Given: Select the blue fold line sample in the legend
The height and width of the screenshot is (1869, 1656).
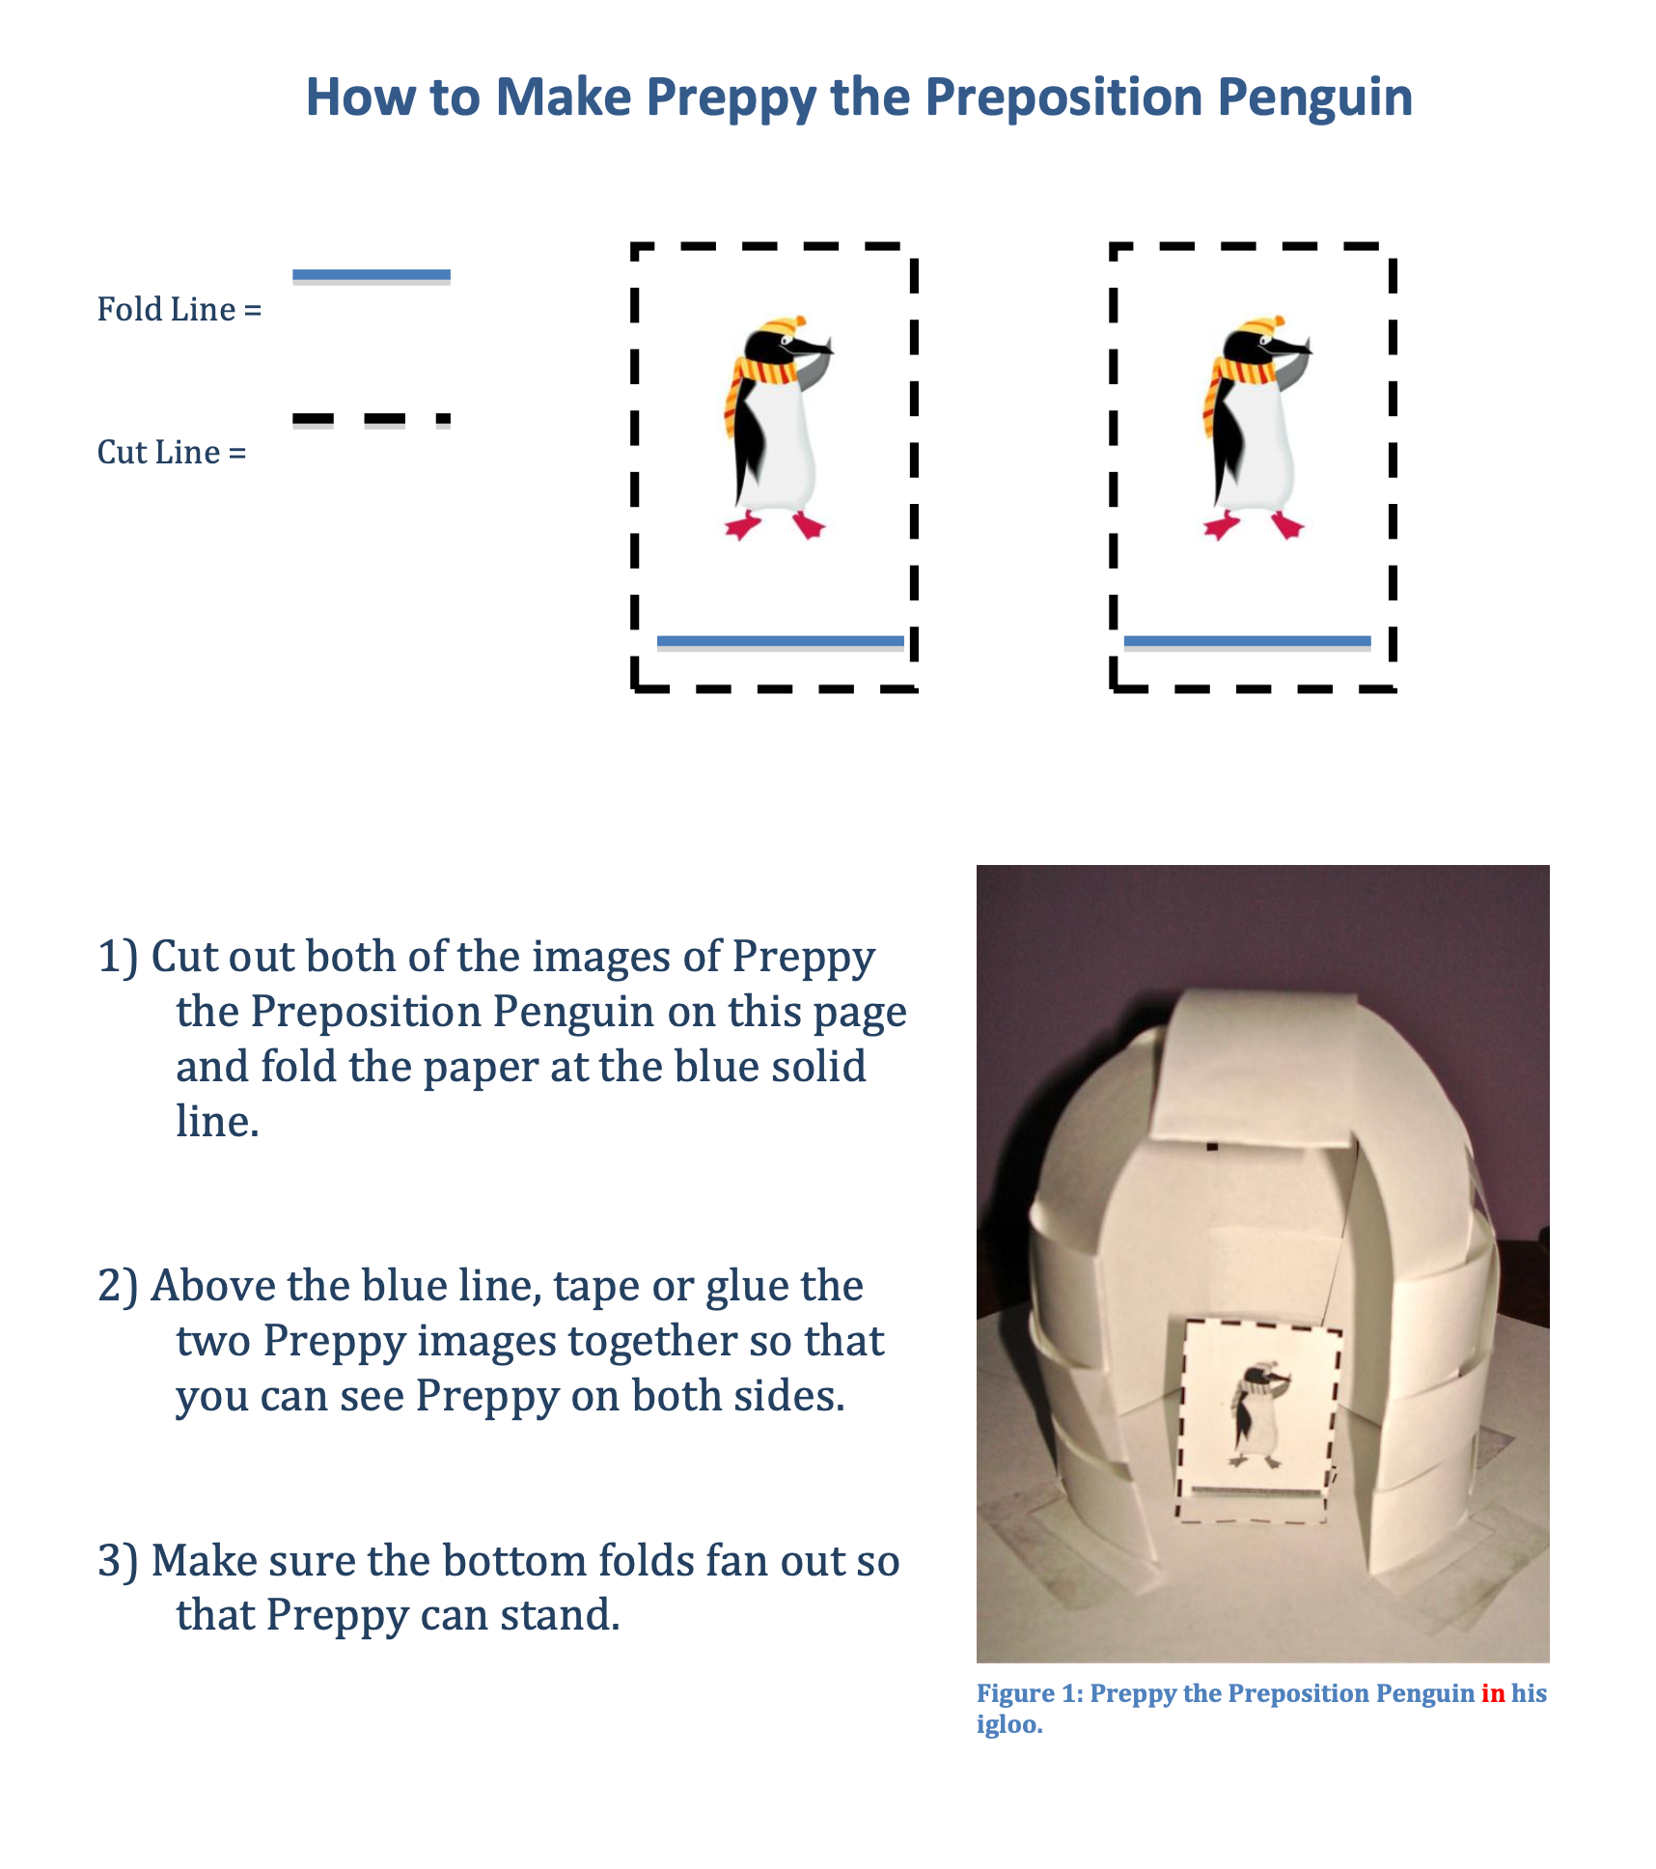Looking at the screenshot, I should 371,276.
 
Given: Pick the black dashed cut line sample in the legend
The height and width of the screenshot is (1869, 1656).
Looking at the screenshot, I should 371,420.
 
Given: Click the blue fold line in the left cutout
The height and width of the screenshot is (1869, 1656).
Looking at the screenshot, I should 780,642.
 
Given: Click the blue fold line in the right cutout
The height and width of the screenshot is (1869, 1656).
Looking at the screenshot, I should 1247,642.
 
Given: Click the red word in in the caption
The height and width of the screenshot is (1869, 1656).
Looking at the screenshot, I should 1492,1693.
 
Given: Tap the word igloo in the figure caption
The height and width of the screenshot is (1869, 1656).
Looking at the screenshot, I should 1007,1724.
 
